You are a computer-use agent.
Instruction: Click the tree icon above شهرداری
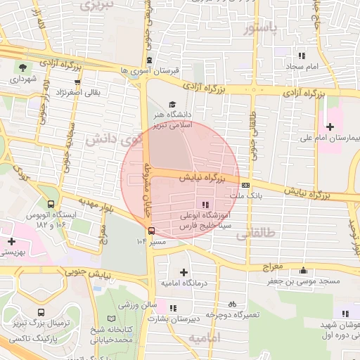coord(25,67)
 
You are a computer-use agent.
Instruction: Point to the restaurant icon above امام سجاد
coord(302,55)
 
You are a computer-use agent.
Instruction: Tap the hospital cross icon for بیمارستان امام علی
coord(330,126)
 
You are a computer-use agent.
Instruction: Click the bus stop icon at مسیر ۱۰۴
coord(152,230)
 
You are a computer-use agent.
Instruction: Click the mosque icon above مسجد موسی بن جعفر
coord(303,270)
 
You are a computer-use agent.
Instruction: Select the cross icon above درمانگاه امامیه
coord(184,271)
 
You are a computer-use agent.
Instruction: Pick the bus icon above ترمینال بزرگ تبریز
coord(41,311)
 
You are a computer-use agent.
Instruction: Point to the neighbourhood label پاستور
coord(262,29)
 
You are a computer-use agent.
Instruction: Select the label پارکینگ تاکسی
coord(30,336)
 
